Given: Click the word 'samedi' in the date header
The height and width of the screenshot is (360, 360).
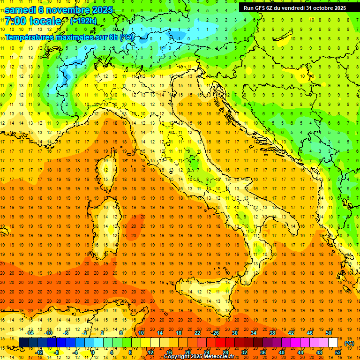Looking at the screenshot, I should [x=20, y=10].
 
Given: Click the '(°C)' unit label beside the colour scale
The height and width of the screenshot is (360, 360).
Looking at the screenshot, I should [x=350, y=343].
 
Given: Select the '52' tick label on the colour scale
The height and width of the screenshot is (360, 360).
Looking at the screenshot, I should [x=338, y=352].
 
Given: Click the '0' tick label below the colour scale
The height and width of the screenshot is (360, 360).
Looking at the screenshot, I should [x=93, y=352].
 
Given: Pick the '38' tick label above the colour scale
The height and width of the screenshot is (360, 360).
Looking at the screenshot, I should [x=272, y=333].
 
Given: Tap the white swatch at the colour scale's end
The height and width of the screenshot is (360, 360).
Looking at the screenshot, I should [x=333, y=342].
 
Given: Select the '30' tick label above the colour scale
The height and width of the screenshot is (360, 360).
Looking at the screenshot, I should [x=235, y=333].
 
